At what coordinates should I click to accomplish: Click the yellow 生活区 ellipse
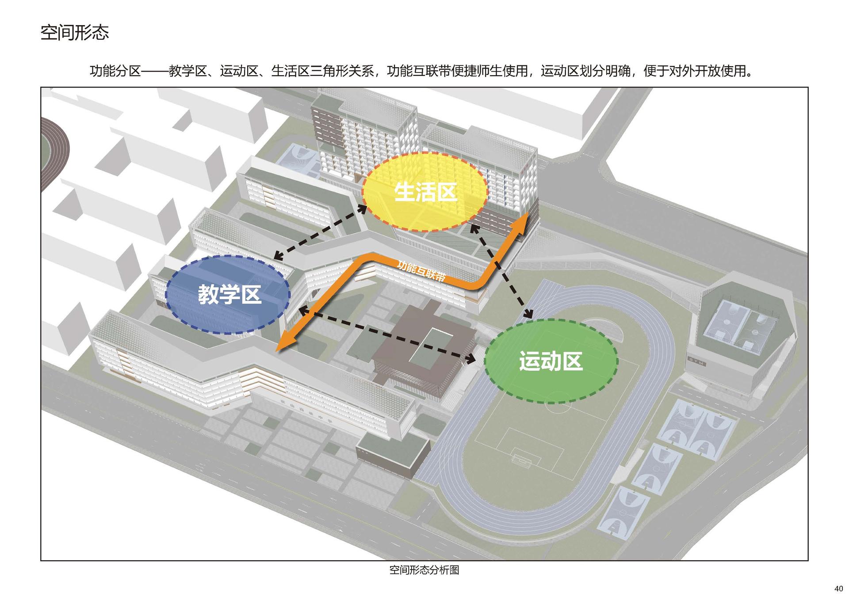click(x=424, y=192)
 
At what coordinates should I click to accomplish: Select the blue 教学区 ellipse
click(x=228, y=295)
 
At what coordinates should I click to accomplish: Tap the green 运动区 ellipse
click(x=551, y=362)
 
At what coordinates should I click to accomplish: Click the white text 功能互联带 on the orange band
click(x=421, y=271)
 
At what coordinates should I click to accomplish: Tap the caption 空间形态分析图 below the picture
click(x=424, y=570)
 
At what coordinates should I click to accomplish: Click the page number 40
click(x=838, y=589)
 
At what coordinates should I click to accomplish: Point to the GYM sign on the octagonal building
click(x=696, y=362)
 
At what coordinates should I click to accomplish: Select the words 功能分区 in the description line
click(x=115, y=71)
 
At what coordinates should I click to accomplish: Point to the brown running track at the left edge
click(x=54, y=150)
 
